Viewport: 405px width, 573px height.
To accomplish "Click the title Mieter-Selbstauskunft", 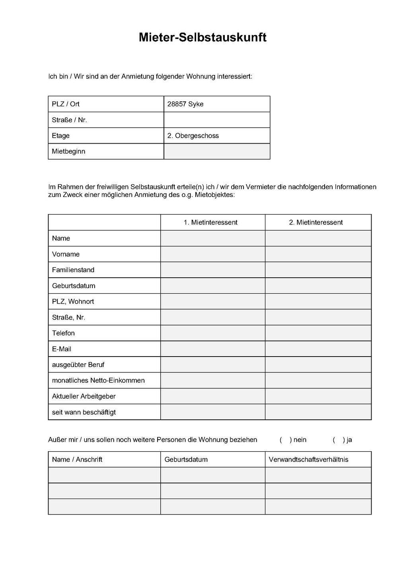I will [x=202, y=37].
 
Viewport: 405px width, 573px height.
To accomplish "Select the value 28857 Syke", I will [x=185, y=104].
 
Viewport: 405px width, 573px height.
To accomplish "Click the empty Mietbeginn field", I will [x=217, y=152].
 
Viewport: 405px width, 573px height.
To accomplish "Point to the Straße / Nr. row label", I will [x=69, y=120].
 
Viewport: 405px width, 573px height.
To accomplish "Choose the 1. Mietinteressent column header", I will [x=210, y=222].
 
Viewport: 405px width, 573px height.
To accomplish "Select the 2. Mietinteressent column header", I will [x=316, y=222].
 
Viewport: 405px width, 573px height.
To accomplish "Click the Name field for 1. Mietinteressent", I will [x=213, y=238].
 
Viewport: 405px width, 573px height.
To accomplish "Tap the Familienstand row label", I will [x=73, y=270].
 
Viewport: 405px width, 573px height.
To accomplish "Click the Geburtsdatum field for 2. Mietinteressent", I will [x=318, y=286].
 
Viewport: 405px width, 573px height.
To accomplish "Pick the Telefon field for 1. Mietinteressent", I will [x=213, y=333].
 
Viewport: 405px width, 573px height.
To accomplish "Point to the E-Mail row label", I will [x=62, y=349].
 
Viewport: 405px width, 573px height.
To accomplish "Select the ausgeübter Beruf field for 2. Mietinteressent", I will [x=318, y=364].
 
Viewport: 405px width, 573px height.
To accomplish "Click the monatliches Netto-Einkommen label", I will [x=98, y=380].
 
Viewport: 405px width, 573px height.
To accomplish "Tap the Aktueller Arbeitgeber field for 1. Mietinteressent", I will [x=213, y=396].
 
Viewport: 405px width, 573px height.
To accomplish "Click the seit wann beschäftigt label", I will [x=84, y=412].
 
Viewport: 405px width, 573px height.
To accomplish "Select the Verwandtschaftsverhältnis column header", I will [x=309, y=460].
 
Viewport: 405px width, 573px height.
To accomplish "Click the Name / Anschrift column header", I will [x=77, y=460].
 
